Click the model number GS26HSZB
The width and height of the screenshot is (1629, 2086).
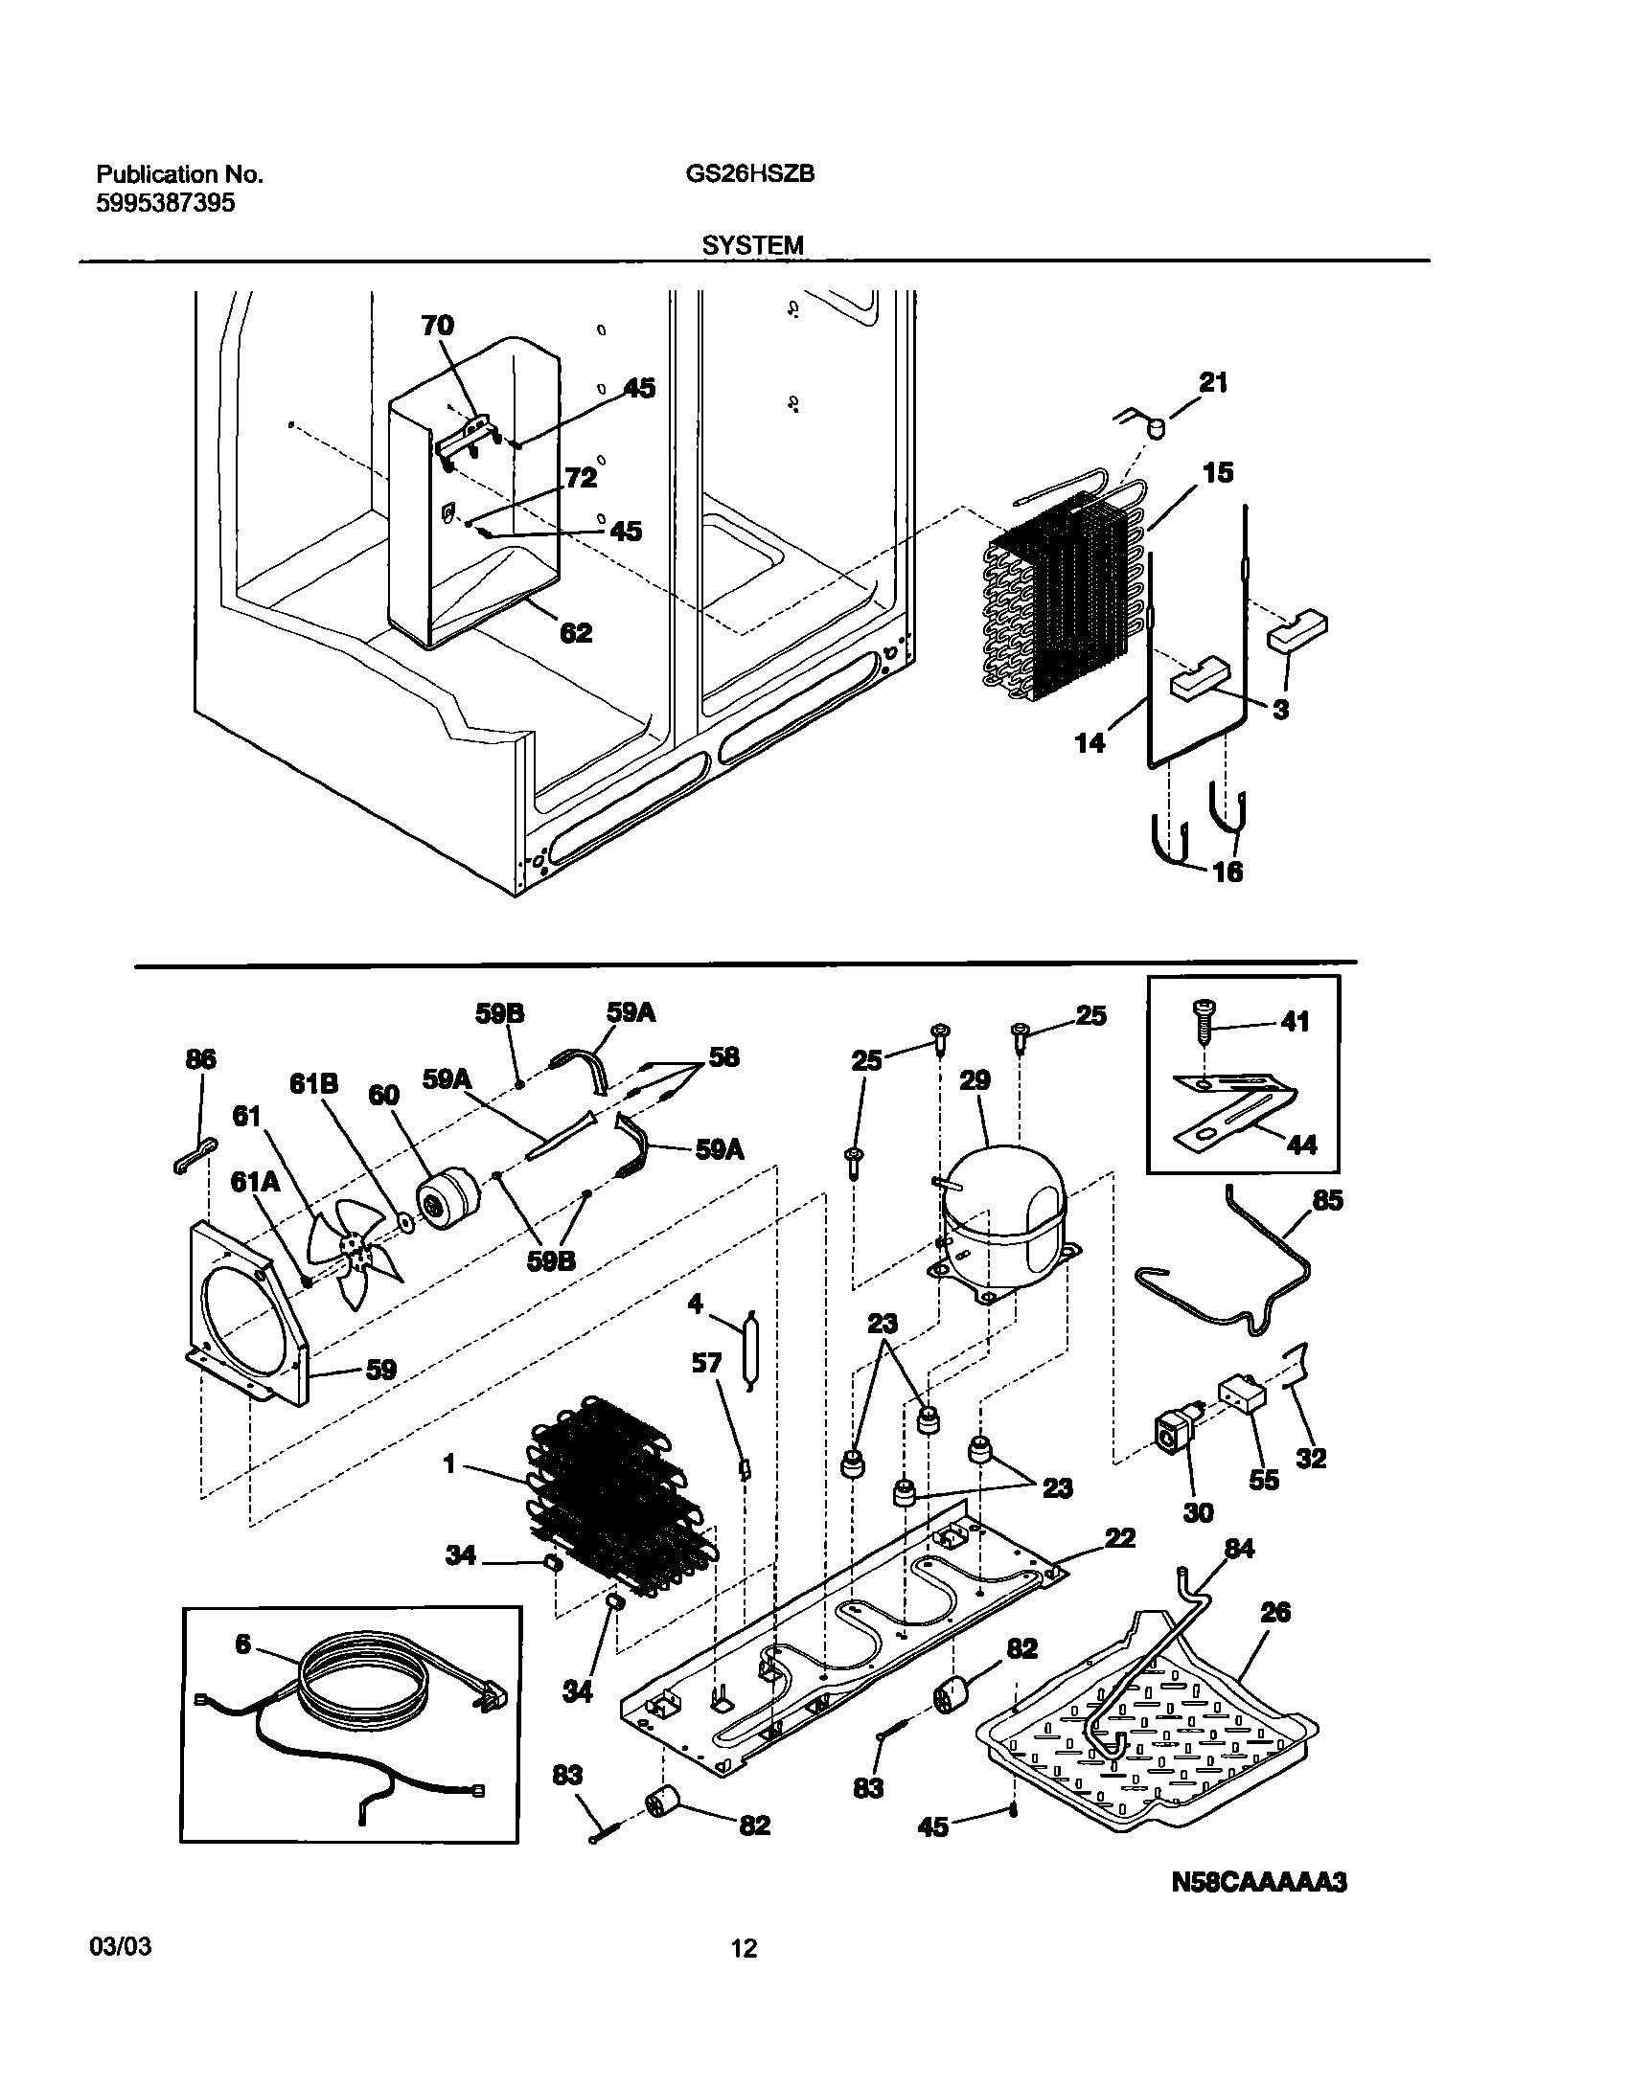coord(750,174)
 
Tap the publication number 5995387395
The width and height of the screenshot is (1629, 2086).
coord(166,204)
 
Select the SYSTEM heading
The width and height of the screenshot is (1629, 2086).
coord(752,246)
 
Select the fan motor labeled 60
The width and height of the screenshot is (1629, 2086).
coord(447,1200)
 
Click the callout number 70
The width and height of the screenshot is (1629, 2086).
coord(437,326)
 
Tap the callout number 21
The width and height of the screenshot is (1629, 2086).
coord(1213,383)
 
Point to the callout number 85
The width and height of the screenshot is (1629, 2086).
coord(1329,1200)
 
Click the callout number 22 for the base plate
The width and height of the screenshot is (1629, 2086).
coord(1119,1538)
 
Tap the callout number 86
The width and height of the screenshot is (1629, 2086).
coord(200,1059)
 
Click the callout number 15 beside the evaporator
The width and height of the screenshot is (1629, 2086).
coord(1218,473)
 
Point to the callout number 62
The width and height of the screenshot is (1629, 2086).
coord(576,633)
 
